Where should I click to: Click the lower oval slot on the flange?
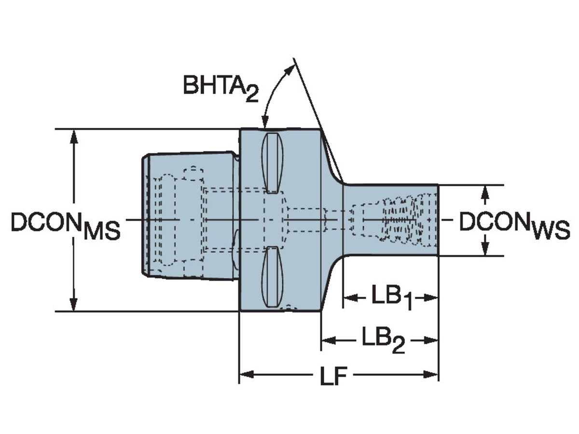(x=272, y=277)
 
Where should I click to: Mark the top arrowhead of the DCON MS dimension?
(x=73, y=136)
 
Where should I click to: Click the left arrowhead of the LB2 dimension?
(x=328, y=340)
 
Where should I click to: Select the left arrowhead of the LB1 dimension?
(x=349, y=298)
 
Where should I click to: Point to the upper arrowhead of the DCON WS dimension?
(x=486, y=191)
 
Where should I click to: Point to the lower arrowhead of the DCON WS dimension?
(x=486, y=249)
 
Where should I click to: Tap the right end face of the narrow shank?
(x=438, y=220)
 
